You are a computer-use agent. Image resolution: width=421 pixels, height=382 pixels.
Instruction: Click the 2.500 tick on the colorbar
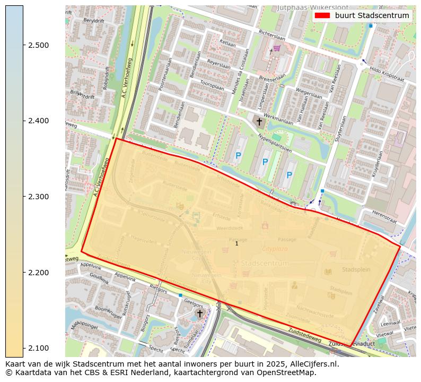39,45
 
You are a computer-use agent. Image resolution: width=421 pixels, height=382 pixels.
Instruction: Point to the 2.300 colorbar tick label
39,197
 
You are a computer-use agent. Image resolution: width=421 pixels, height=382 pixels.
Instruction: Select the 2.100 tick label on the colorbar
39,348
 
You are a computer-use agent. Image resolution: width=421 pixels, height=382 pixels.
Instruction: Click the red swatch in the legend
322,15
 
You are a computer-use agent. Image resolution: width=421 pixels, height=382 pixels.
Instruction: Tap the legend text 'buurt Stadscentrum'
372,15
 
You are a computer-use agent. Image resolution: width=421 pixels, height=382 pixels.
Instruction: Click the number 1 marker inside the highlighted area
236,243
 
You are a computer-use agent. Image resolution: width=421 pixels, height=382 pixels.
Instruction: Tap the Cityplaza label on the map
275,249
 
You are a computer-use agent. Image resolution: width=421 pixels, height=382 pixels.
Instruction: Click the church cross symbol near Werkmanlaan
259,122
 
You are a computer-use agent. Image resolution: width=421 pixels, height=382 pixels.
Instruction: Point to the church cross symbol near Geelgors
200,313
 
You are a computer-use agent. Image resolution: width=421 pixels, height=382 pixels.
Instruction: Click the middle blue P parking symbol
265,162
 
